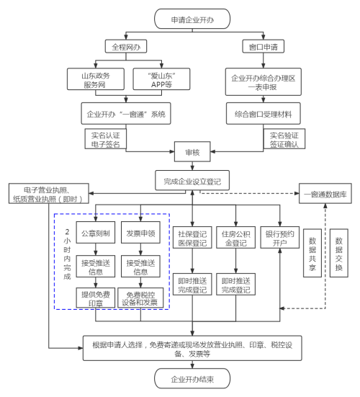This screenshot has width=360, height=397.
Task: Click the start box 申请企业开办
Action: coord(192,19)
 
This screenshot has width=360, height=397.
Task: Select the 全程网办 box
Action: coord(126,46)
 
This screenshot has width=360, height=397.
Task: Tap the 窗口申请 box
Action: coord(263,46)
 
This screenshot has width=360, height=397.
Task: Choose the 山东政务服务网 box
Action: coord(96,79)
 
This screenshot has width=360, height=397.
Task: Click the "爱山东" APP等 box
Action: coord(161,79)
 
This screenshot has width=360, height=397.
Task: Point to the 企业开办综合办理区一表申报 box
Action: coord(264,82)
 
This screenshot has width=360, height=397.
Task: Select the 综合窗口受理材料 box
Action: coord(264,113)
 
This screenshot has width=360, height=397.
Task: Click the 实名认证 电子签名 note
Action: coord(106,139)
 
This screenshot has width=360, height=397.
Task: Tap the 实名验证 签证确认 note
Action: coord(284,139)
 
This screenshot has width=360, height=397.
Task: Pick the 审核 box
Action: coord(192,151)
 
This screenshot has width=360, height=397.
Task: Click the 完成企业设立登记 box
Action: coord(192,180)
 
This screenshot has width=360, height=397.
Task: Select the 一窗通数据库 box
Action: coord(325,193)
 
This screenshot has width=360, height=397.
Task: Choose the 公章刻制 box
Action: coord(96,233)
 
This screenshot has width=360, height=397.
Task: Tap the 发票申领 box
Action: coord(140,233)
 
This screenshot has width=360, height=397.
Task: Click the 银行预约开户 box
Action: coord(280,238)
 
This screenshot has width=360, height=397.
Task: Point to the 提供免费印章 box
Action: coord(96,298)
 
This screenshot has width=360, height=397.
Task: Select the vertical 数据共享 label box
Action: coord(312,253)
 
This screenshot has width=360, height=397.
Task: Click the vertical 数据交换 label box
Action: coord(339,253)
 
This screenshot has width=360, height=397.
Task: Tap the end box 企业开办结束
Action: coord(192,378)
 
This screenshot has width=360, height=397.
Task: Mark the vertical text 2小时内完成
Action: coord(67,254)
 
